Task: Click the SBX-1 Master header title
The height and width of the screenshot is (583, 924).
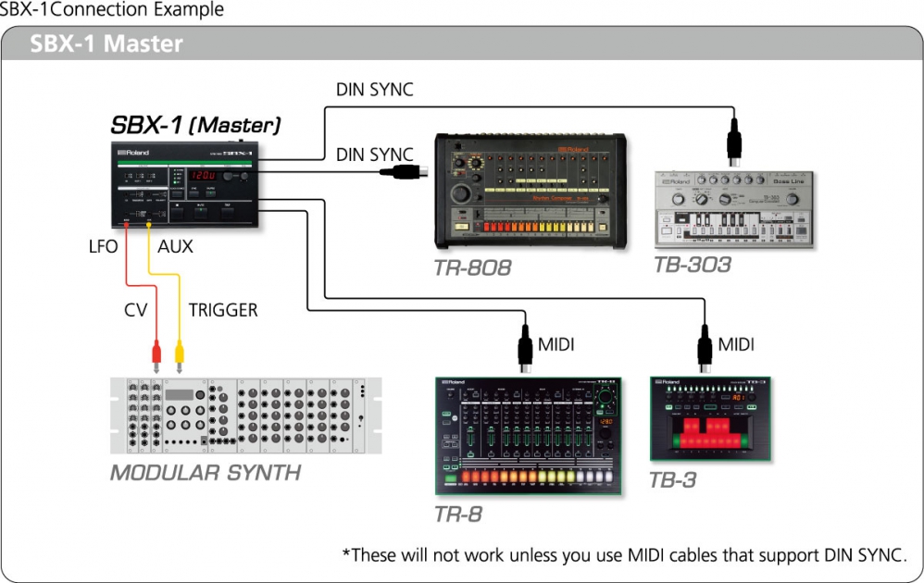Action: tap(106, 43)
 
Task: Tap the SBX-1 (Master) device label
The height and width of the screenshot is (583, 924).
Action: tap(195, 125)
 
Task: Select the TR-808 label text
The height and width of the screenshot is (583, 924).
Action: tap(472, 268)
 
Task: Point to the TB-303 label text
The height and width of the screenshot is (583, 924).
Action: tap(692, 265)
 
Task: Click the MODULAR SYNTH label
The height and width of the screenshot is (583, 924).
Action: tap(206, 473)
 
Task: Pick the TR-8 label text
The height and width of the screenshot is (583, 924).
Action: tap(458, 514)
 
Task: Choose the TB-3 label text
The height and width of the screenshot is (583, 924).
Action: tap(673, 479)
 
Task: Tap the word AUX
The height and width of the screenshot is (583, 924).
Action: tap(176, 246)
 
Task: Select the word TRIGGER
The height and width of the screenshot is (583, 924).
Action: tap(222, 310)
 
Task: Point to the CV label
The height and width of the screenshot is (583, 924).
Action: tap(136, 310)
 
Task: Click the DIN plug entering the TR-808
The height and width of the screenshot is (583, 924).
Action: tap(408, 170)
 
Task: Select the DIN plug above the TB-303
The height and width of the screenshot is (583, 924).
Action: tap(734, 138)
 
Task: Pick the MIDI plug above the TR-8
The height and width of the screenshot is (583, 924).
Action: tap(526, 348)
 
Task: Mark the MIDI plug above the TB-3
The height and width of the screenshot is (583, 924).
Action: tap(705, 348)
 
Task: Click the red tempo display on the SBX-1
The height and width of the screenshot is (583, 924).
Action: tap(203, 174)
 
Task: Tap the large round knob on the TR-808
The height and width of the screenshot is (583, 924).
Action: tap(459, 194)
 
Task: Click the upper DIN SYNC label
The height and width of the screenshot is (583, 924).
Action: tap(374, 90)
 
